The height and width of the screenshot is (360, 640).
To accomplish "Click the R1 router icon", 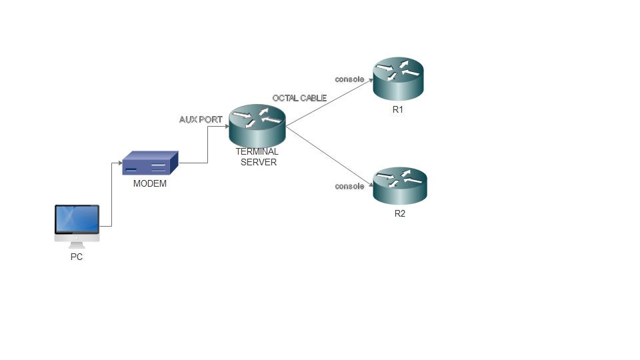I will pyautogui.click(x=398, y=79).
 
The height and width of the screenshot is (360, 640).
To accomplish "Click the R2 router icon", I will pyautogui.click(x=399, y=186).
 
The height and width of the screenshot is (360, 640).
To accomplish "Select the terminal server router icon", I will pyautogui.click(x=257, y=125).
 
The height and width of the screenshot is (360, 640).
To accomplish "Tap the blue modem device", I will pyautogui.click(x=150, y=163).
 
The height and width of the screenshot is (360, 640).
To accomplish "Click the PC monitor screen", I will pyautogui.click(x=77, y=219).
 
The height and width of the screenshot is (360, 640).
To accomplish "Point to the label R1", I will pyautogui.click(x=398, y=109).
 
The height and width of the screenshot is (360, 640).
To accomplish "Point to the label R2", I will pyautogui.click(x=399, y=214).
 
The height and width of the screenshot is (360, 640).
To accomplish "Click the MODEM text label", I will pyautogui.click(x=150, y=184).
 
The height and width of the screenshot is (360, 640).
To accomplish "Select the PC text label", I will pyautogui.click(x=77, y=257).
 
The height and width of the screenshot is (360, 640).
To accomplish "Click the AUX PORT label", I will pyautogui.click(x=201, y=120).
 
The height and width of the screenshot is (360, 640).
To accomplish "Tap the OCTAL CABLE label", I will pyautogui.click(x=299, y=98).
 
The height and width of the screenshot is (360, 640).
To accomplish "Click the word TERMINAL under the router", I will pyautogui.click(x=257, y=152).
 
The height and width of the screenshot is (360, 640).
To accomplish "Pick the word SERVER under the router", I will pyautogui.click(x=258, y=162).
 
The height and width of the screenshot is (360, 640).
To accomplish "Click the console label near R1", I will pyautogui.click(x=349, y=79).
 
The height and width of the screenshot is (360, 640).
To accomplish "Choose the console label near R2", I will pyautogui.click(x=349, y=186).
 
